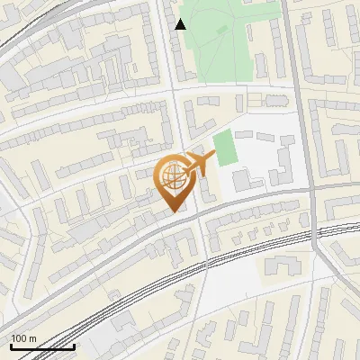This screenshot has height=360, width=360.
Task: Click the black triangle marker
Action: pos(181,24)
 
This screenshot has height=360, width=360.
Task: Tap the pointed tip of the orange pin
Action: pos(174,211)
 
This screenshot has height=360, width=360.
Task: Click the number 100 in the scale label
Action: pos(19,338)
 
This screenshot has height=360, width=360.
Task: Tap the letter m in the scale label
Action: pos(32,338)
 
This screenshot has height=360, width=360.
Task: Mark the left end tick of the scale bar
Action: pos(11,346)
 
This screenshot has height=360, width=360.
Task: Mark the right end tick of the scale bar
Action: pos(74,346)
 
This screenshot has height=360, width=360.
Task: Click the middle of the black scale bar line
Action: pos(42,347)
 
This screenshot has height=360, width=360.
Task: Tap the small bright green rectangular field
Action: pos(225,148)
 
